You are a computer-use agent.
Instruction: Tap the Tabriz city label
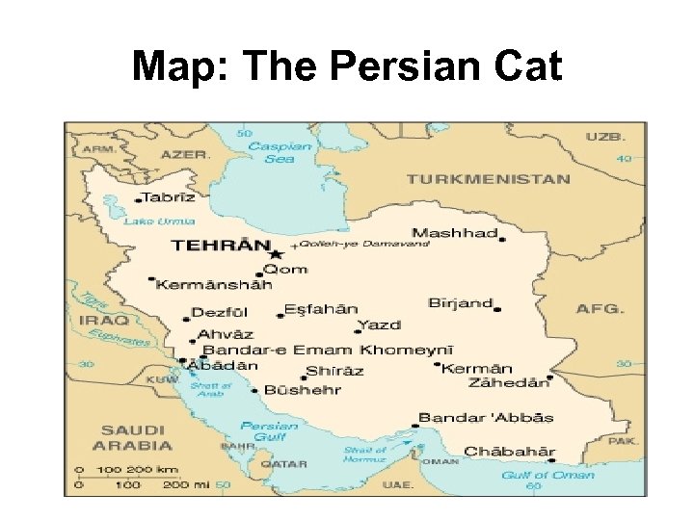tap(169, 197)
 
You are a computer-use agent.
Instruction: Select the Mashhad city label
tap(454, 233)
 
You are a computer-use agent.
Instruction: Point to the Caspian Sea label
tap(280, 153)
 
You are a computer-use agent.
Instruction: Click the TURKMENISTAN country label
tap(488, 179)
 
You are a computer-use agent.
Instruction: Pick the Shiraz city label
tap(334, 371)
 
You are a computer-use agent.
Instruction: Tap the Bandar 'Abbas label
tap(486, 418)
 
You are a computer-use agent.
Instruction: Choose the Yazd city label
tap(378, 325)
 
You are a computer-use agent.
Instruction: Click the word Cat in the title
tap(526, 66)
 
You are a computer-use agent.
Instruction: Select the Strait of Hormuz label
tap(365, 455)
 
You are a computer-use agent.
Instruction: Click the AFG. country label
tap(600, 309)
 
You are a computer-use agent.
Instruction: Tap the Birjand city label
tap(460, 302)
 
